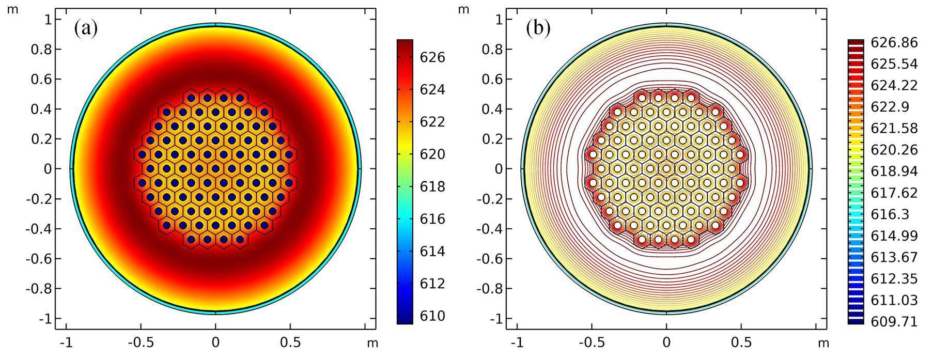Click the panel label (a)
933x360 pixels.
pyautogui.click(x=86, y=28)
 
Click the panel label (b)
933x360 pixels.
pyautogui.click(x=538, y=28)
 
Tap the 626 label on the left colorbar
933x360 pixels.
pyautogui.click(x=433, y=57)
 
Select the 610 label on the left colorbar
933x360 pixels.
pyautogui.click(x=433, y=316)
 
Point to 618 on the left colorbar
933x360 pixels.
pyautogui.click(x=433, y=186)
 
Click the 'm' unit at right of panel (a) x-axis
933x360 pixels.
pyautogui.click(x=372, y=343)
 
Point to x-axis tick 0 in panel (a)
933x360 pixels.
pyautogui.click(x=215, y=343)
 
